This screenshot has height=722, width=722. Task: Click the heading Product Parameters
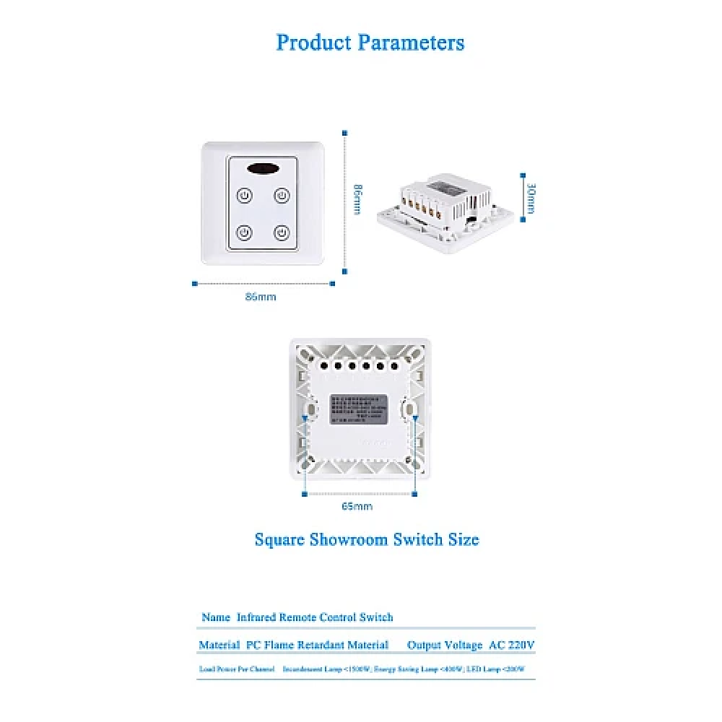click(x=370, y=43)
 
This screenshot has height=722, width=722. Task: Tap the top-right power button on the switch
click(x=282, y=196)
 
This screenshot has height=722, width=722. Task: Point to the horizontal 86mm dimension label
click(x=261, y=297)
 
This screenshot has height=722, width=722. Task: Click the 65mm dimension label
click(x=357, y=507)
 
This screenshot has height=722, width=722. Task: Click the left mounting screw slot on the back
click(x=310, y=410)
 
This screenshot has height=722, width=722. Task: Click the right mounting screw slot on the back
click(x=409, y=410)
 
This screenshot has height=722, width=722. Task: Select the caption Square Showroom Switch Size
click(x=367, y=539)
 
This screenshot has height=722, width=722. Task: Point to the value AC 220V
click(x=512, y=645)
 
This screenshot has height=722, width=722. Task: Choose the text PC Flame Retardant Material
click(x=317, y=645)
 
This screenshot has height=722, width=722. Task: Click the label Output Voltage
click(x=444, y=645)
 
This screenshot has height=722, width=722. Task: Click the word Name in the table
click(x=216, y=617)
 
